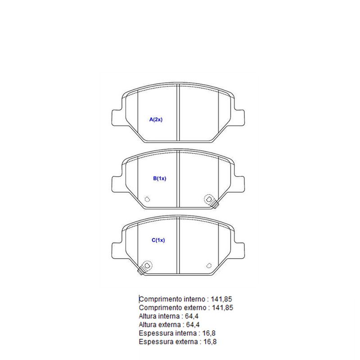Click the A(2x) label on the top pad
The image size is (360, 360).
[x=156, y=119]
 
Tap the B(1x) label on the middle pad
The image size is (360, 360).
[x=160, y=178]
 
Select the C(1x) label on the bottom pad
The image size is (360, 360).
[x=158, y=240]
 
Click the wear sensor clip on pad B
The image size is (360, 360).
[x=211, y=201]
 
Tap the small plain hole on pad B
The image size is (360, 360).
[x=147, y=199]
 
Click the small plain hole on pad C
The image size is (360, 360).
[x=209, y=265]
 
